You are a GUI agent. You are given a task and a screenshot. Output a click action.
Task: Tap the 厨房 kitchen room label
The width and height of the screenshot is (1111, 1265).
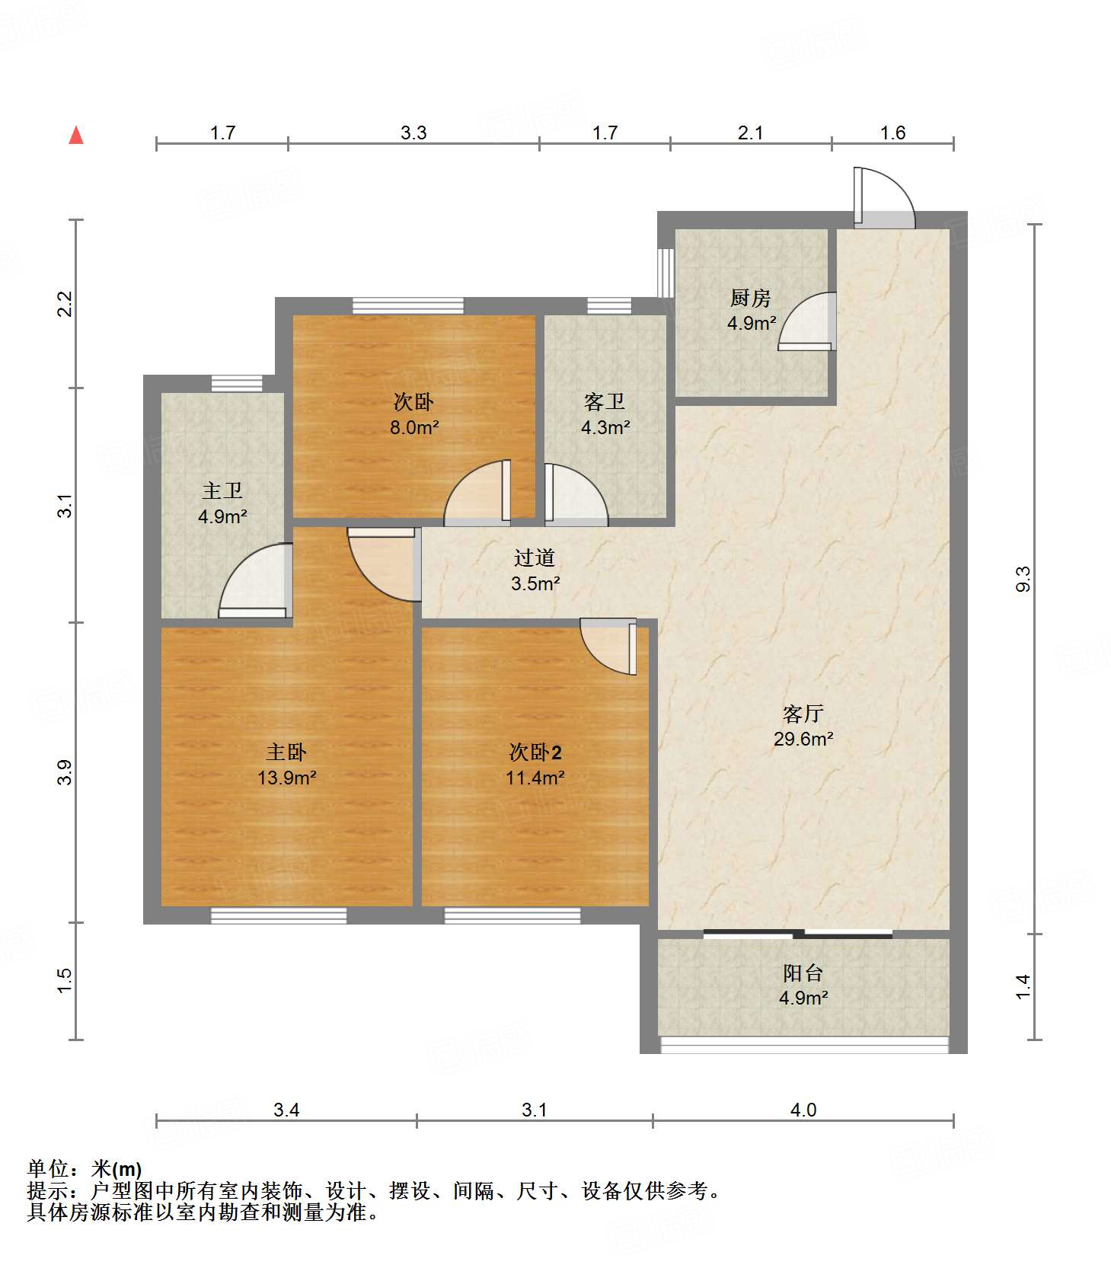pos(751,298)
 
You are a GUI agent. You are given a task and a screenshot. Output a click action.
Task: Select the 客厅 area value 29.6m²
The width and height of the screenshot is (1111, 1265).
pos(803,739)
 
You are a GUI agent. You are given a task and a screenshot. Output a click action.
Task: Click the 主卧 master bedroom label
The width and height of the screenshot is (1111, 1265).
pos(286,752)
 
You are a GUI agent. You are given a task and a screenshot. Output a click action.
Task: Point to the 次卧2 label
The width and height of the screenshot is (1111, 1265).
pos(535,752)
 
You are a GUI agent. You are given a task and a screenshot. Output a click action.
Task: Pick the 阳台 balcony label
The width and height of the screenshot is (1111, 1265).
pos(803,973)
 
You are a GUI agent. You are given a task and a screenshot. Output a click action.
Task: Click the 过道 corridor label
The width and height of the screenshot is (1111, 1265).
pos(535,558)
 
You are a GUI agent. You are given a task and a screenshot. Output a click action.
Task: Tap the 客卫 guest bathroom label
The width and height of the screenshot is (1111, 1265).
pos(605,401)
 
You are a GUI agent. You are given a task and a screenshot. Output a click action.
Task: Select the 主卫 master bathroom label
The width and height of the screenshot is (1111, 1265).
pos(222,491)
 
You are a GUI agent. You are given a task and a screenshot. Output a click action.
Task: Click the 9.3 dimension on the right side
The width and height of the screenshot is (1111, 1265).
pos(1023,578)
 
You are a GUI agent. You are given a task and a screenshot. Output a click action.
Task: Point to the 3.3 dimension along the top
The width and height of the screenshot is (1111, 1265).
pos(413,133)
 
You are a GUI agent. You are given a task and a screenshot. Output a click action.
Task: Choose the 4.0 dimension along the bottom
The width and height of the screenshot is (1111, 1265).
pos(803,1110)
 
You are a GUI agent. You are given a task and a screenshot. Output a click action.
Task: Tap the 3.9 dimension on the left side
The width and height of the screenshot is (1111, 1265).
pos(66,772)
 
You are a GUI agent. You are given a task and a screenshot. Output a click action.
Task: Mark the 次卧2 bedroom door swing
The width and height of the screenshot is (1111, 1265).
pos(608,646)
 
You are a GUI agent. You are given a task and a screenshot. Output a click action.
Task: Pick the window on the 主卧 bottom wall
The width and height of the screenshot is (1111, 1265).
pos(279,915)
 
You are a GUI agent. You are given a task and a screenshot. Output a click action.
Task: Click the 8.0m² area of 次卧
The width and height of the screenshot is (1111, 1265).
pos(414,427)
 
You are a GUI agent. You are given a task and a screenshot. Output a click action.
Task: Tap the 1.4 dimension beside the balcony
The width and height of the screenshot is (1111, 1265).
pos(1023,987)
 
